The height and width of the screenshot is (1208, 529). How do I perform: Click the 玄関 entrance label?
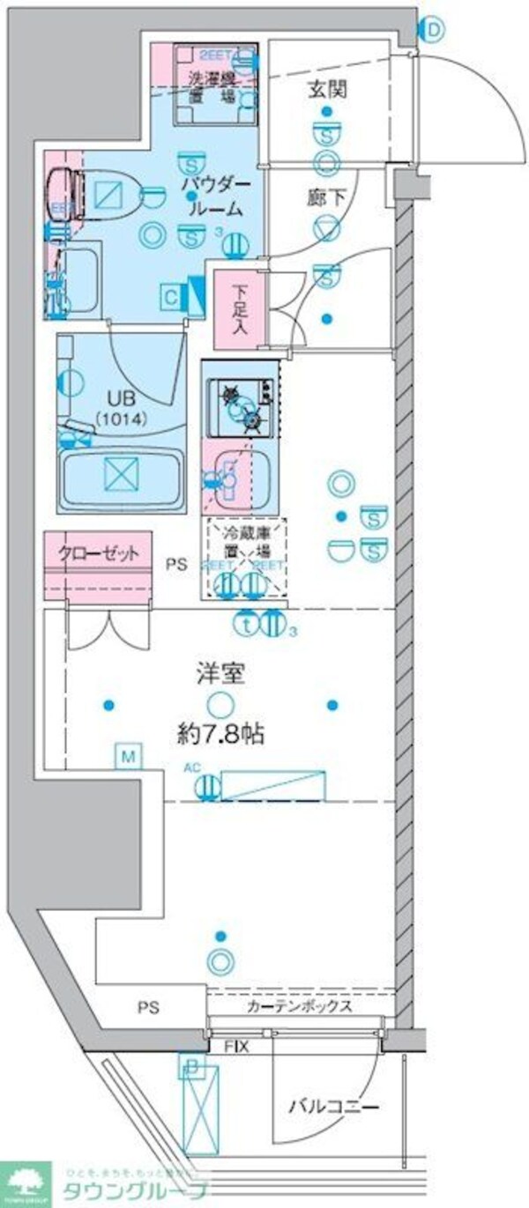tap(325, 88)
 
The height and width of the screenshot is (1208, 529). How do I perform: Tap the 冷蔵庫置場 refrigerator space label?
tap(247, 544)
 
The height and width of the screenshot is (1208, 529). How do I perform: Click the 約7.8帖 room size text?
tap(219, 734)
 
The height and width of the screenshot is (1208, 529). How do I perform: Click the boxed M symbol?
tap(129, 755)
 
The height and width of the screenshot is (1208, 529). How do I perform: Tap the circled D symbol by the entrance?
tap(433, 31)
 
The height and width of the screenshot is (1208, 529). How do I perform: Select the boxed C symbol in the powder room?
tap(172, 298)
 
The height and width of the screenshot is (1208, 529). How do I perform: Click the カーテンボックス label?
tap(300, 1005)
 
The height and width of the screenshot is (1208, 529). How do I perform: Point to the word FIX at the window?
tap(237, 1047)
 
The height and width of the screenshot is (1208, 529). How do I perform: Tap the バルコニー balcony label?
tap(333, 1107)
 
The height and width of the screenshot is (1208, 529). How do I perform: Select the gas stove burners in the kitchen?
tap(241, 406)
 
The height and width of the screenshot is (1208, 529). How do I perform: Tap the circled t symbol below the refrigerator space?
tap(248, 622)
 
